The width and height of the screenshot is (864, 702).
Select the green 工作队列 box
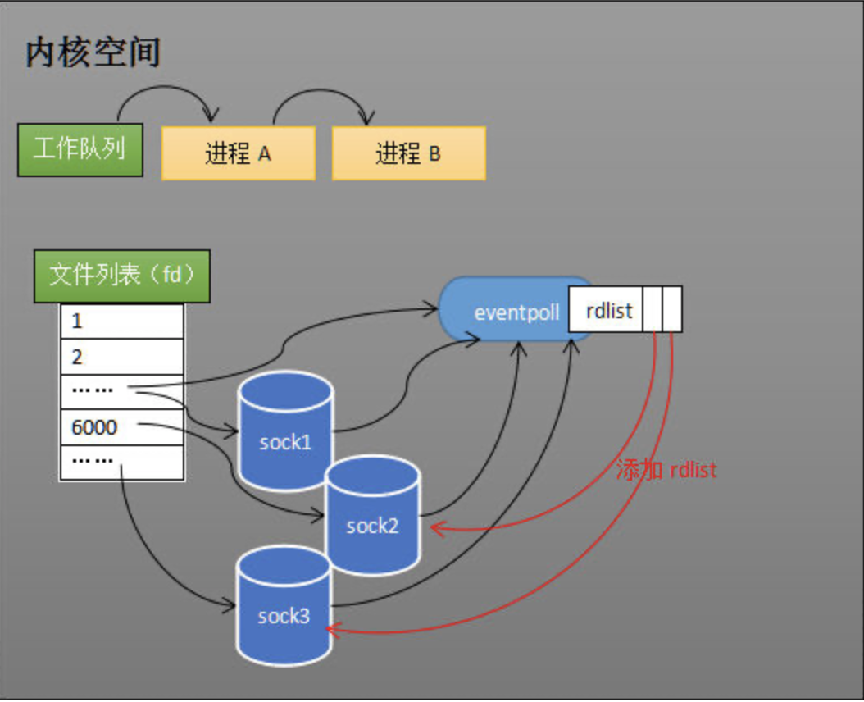80,149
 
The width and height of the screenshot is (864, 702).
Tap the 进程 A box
239,153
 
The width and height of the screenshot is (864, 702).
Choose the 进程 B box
408,153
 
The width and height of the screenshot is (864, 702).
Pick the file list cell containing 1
121,321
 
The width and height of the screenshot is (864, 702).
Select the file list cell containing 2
121,357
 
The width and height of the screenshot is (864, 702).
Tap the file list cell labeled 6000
121,427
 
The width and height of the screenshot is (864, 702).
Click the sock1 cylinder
285,431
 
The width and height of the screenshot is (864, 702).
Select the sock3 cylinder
284,607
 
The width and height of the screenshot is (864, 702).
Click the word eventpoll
517,313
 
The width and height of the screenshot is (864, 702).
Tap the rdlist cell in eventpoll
606,309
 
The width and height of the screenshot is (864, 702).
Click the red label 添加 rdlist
666,470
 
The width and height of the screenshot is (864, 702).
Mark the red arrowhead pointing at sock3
331,629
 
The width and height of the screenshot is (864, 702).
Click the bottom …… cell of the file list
121,463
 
